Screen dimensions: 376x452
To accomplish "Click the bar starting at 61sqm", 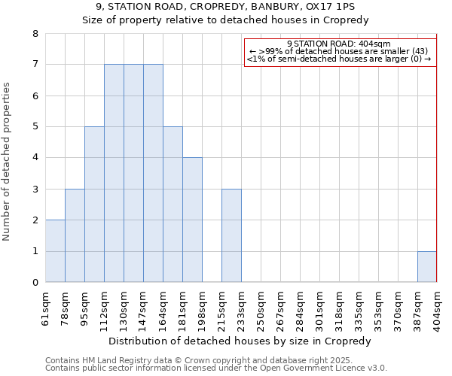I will click(x=55, y=251).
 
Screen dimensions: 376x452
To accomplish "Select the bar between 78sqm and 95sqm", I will click(x=75, y=235).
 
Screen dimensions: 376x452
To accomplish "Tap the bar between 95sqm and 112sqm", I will click(x=94, y=205).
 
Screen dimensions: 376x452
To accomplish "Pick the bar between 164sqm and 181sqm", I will click(x=173, y=205).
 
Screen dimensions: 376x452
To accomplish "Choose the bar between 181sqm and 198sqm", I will click(x=192, y=220).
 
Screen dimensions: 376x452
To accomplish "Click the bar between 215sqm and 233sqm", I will click(x=231, y=235).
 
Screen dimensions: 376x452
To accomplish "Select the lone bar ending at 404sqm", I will click(x=427, y=267).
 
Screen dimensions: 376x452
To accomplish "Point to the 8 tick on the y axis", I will click(x=35, y=34).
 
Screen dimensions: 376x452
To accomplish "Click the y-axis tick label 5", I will click(x=35, y=127).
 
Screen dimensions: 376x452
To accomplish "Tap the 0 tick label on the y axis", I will click(x=35, y=283).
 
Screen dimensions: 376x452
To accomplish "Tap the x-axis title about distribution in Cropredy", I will click(x=241, y=341).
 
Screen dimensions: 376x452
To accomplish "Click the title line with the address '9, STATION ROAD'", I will click(x=225, y=7).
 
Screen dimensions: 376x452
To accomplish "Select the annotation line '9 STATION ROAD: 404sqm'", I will click(x=339, y=44).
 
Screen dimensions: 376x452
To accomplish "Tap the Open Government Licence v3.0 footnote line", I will click(x=216, y=368).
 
